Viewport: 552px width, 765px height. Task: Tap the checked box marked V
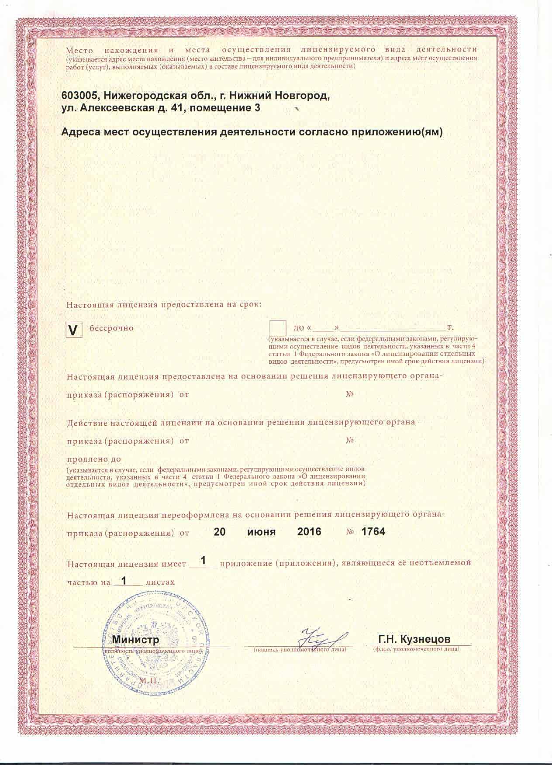point(74,330)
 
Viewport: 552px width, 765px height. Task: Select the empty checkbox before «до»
point(278,328)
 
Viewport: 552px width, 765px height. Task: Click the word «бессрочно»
point(111,328)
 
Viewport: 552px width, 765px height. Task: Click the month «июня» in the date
point(261,532)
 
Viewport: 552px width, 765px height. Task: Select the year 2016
point(309,532)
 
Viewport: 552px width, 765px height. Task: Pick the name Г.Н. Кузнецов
point(414,640)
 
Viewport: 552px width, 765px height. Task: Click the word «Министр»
point(136,640)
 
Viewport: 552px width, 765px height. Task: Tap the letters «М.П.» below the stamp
point(148,681)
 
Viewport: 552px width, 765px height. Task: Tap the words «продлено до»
point(93,459)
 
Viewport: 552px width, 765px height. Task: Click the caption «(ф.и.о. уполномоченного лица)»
point(416,649)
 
